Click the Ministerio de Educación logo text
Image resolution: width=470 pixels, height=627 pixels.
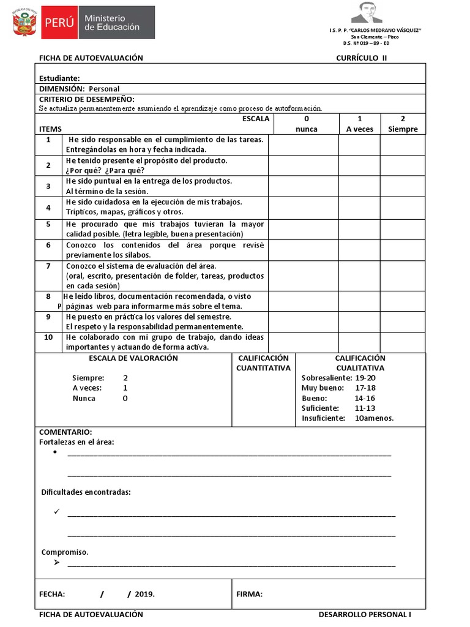coord(111,23)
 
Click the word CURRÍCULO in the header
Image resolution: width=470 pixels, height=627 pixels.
coord(357,58)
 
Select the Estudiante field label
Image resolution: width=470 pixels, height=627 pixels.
coord(59,78)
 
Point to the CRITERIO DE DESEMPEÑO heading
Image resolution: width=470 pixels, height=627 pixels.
coord(87,99)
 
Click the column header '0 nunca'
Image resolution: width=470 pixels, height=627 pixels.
coord(306,124)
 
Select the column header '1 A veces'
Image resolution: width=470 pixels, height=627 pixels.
coord(359,124)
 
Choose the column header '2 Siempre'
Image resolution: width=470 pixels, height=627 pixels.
coord(403,124)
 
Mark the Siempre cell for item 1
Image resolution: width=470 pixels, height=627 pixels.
coord(403,145)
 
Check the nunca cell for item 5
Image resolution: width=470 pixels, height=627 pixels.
coord(304,229)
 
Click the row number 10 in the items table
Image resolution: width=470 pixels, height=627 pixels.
coord(48,337)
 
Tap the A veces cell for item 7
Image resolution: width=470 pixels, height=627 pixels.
coord(359,276)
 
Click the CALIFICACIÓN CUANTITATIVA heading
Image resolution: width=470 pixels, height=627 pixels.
coord(263,363)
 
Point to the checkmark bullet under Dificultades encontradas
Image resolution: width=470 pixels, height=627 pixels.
coord(56,511)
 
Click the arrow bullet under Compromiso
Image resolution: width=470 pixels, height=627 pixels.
coord(56,562)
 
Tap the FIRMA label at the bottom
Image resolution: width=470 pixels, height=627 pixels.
coord(250,594)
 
